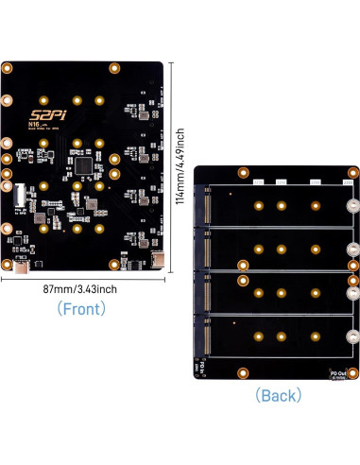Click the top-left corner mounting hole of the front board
(8, 68)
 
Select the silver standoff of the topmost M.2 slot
(352, 207)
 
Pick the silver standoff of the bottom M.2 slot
(352, 336)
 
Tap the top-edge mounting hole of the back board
(242, 173)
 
